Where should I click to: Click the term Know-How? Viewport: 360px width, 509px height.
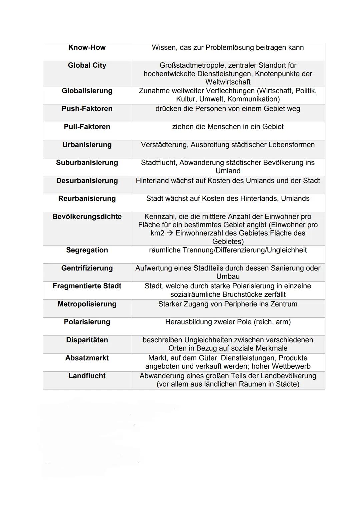pyautogui.click(x=87, y=48)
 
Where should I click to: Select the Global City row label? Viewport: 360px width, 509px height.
pyautogui.click(x=87, y=66)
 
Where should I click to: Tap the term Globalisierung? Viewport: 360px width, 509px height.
pyautogui.click(x=87, y=91)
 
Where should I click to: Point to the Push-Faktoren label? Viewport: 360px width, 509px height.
pyautogui.click(x=87, y=109)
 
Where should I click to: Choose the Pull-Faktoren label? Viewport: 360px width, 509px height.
pyautogui.click(x=87, y=127)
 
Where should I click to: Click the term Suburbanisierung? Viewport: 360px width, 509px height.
pyautogui.click(x=87, y=163)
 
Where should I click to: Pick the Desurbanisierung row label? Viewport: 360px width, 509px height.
pyautogui.click(x=87, y=181)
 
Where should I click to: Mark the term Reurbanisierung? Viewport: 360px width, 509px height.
pyautogui.click(x=87, y=199)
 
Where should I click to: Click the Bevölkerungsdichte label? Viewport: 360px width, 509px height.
pyautogui.click(x=87, y=217)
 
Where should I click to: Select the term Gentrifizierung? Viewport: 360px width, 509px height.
pyautogui.click(x=87, y=268)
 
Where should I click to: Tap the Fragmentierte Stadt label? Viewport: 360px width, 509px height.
pyautogui.click(x=87, y=286)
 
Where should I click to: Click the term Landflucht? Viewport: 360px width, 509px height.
pyautogui.click(x=87, y=376)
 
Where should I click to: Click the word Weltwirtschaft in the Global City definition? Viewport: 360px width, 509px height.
pyautogui.click(x=228, y=82)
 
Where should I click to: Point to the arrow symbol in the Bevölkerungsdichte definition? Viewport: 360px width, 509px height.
pyautogui.click(x=170, y=233)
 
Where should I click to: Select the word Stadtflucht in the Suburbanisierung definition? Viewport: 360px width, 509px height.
pyautogui.click(x=159, y=163)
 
